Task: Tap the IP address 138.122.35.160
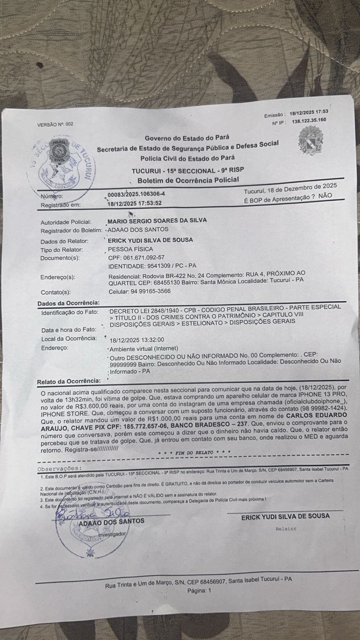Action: pyautogui.click(x=309, y=120)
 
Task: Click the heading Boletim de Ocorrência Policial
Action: pyautogui.click(x=188, y=180)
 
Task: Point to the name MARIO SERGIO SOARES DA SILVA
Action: pyautogui.click(x=157, y=220)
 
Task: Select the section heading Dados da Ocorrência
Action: pyautogui.click(x=68, y=303)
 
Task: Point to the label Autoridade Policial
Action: pyautogui.click(x=66, y=222)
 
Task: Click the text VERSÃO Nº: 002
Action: pyautogui.click(x=55, y=124)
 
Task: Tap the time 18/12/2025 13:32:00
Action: pyautogui.click(x=137, y=340)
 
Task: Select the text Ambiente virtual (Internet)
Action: pyautogui.click(x=144, y=348)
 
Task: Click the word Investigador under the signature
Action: pyautogui.click(x=112, y=534)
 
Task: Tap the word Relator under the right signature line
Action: pyautogui.click(x=286, y=528)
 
